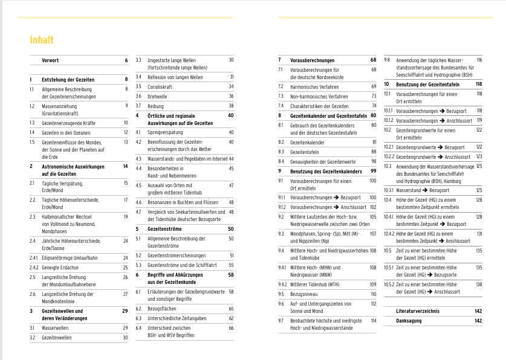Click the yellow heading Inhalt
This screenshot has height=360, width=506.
[42, 40]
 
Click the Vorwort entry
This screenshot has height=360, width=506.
[50, 60]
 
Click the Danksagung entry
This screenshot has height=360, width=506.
[409, 321]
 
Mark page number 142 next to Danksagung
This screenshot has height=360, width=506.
[478, 321]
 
